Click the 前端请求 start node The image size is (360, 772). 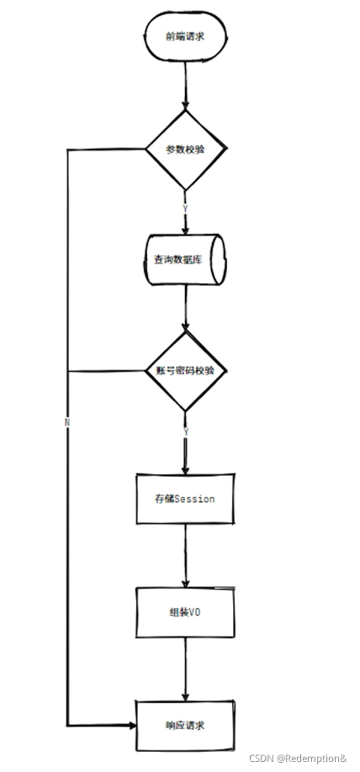[x=185, y=35]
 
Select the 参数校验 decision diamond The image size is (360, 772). [x=185, y=150]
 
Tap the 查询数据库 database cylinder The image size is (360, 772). [x=185, y=260]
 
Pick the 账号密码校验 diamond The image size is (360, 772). [x=186, y=370]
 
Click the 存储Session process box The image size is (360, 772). [x=185, y=499]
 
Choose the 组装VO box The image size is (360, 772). [x=185, y=612]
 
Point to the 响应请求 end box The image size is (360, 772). [x=185, y=724]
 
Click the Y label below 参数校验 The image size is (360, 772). [x=184, y=207]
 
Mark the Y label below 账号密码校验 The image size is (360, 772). [x=185, y=431]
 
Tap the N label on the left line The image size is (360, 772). [x=66, y=420]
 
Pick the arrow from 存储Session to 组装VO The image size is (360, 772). [x=185, y=555]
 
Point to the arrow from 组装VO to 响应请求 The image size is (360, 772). [x=185, y=669]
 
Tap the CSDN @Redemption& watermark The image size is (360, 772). [x=298, y=759]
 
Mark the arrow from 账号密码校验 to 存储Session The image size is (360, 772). [x=185, y=450]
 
